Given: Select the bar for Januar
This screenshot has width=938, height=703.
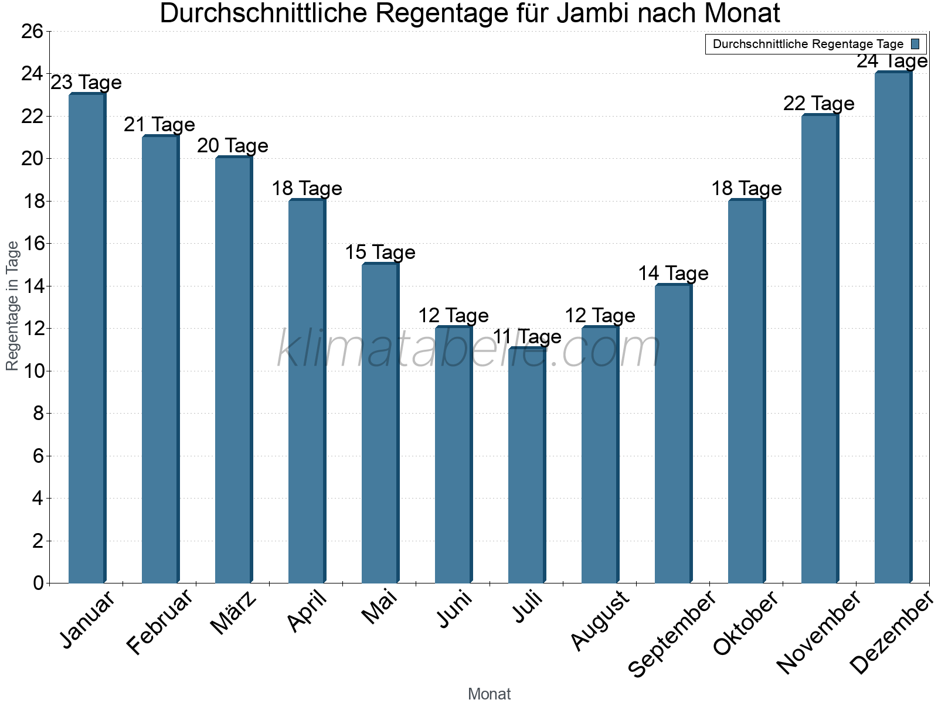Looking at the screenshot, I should [x=87, y=339].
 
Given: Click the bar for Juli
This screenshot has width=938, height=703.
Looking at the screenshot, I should [x=526, y=466].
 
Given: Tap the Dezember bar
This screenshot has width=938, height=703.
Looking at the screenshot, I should [x=893, y=328].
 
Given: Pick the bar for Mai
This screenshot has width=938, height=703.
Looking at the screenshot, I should [x=380, y=424].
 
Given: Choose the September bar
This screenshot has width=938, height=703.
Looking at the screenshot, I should [x=673, y=434].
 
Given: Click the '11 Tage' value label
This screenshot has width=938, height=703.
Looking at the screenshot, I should [x=526, y=337].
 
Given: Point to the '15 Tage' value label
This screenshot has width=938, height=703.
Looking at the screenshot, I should [x=380, y=252].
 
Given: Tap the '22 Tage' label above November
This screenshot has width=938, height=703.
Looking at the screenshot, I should [x=819, y=104].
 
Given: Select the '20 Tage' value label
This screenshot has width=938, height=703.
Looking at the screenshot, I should [x=233, y=146].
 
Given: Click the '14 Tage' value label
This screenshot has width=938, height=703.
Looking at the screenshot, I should [x=673, y=274].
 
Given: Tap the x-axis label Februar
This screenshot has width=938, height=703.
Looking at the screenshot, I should [x=159, y=622].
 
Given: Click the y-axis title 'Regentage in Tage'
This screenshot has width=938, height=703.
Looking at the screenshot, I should [x=13, y=306].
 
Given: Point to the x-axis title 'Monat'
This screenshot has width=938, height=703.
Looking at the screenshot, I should [x=489, y=694].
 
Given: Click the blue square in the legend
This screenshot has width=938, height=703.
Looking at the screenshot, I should [x=915, y=44].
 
